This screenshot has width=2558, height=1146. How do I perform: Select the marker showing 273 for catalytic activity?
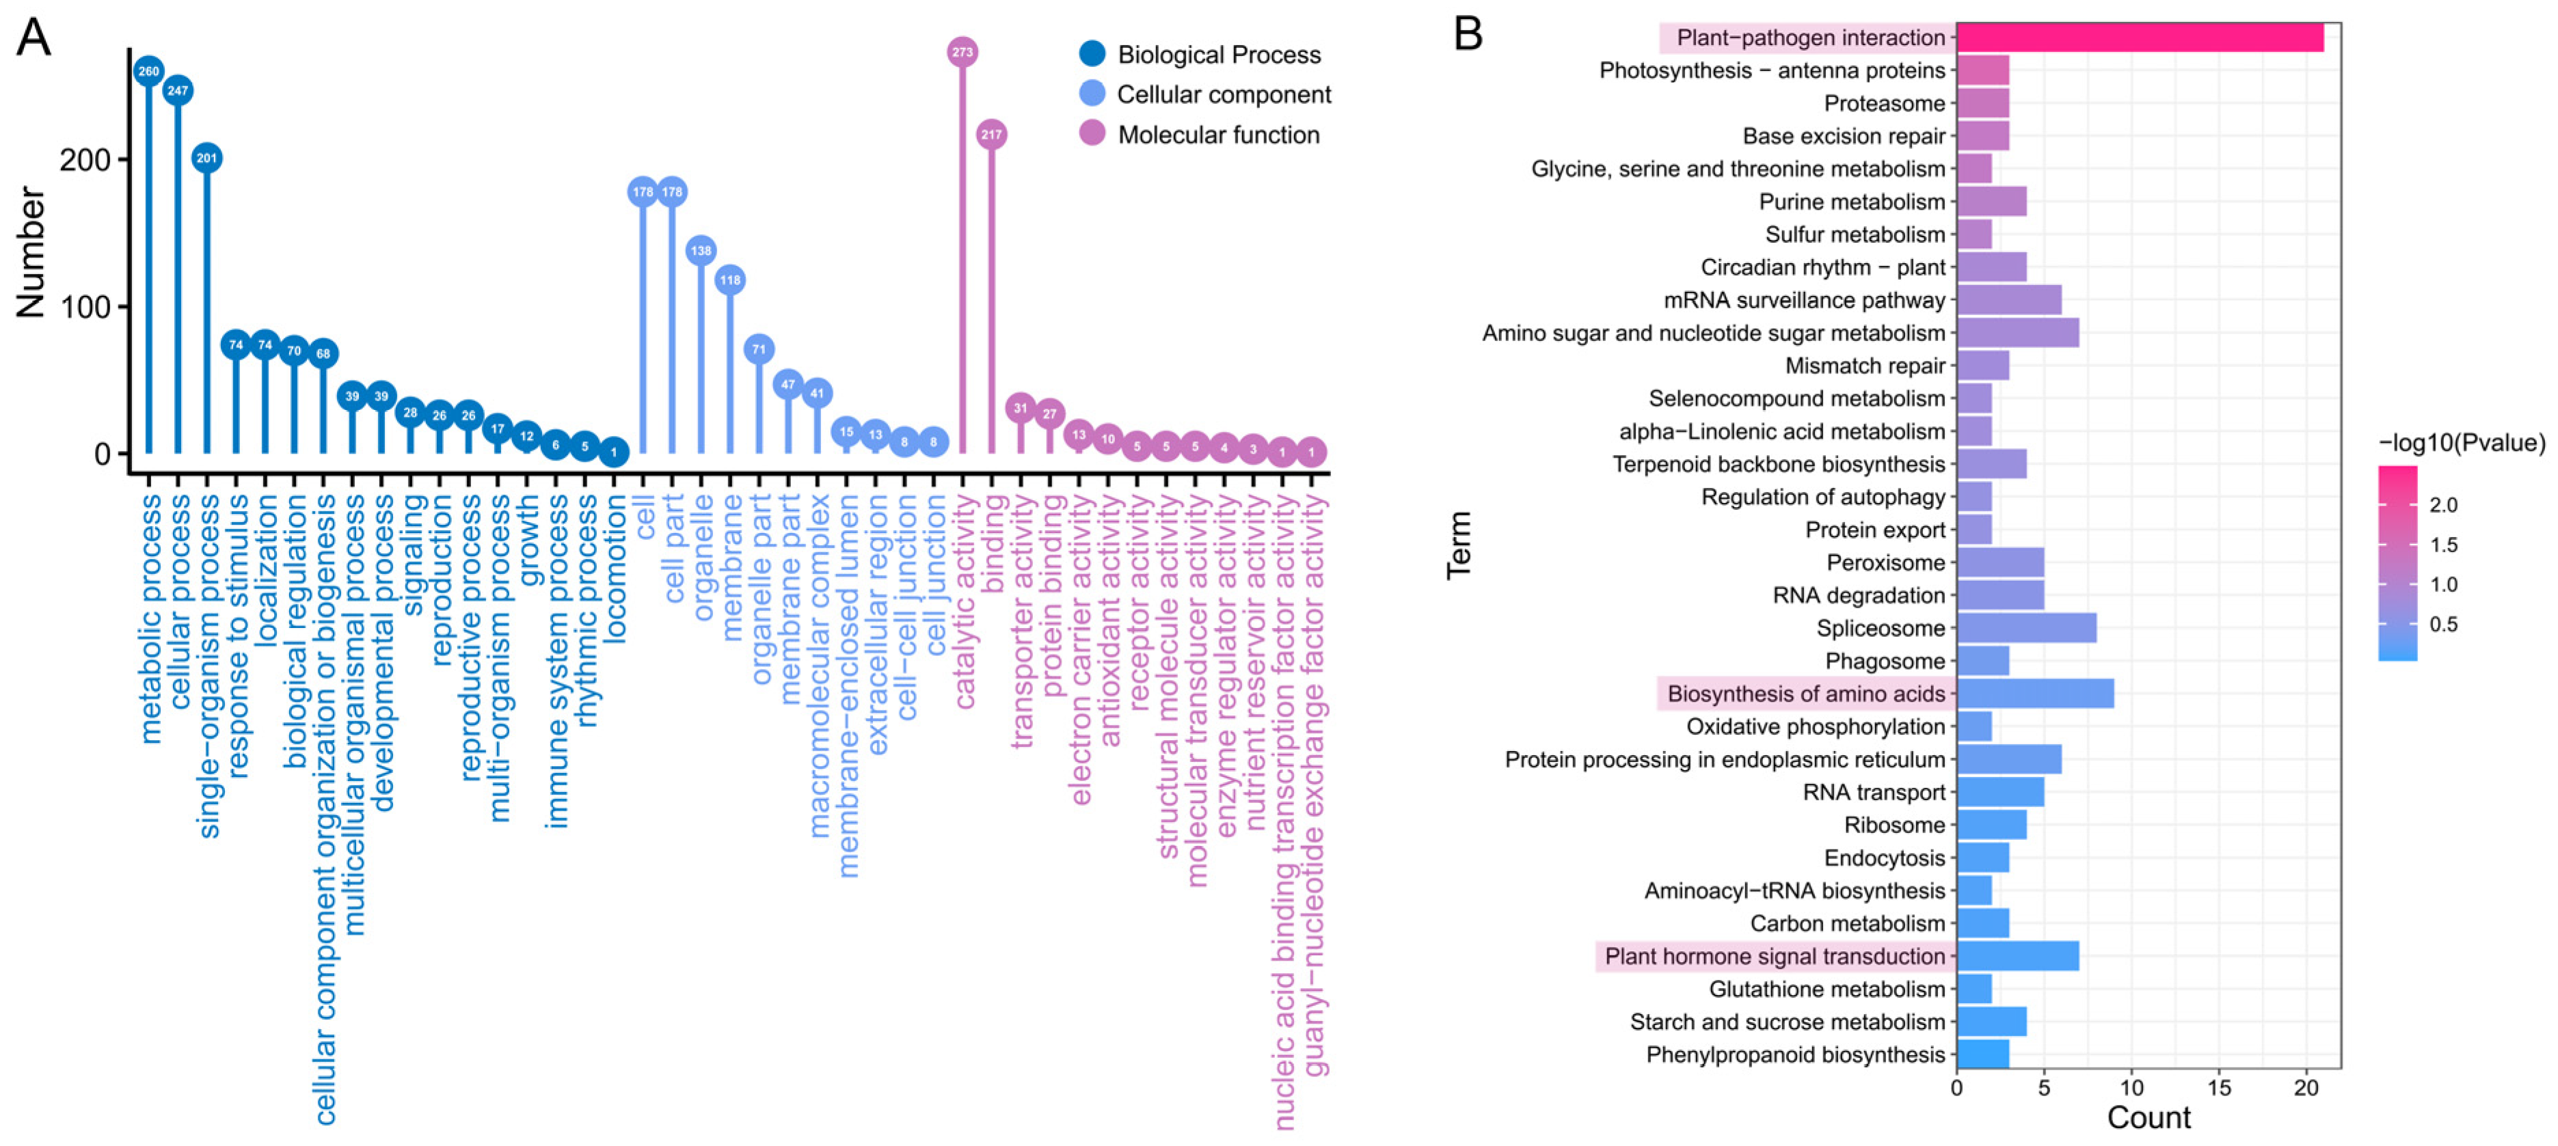[961, 52]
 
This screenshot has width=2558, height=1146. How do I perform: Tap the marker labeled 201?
[206, 158]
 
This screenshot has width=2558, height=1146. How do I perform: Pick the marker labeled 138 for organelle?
[701, 250]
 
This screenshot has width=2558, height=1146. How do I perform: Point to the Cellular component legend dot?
[1092, 94]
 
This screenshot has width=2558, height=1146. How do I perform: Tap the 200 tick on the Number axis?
[85, 160]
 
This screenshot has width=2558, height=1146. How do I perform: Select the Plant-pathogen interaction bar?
[2139, 38]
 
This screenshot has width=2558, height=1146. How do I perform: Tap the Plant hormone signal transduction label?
[1775, 956]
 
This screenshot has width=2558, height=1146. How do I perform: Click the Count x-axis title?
[2148, 1118]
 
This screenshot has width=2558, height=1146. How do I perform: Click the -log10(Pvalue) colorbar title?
[2461, 443]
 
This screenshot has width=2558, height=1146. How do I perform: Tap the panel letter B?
[1468, 35]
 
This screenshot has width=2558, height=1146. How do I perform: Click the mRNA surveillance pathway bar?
[2008, 300]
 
